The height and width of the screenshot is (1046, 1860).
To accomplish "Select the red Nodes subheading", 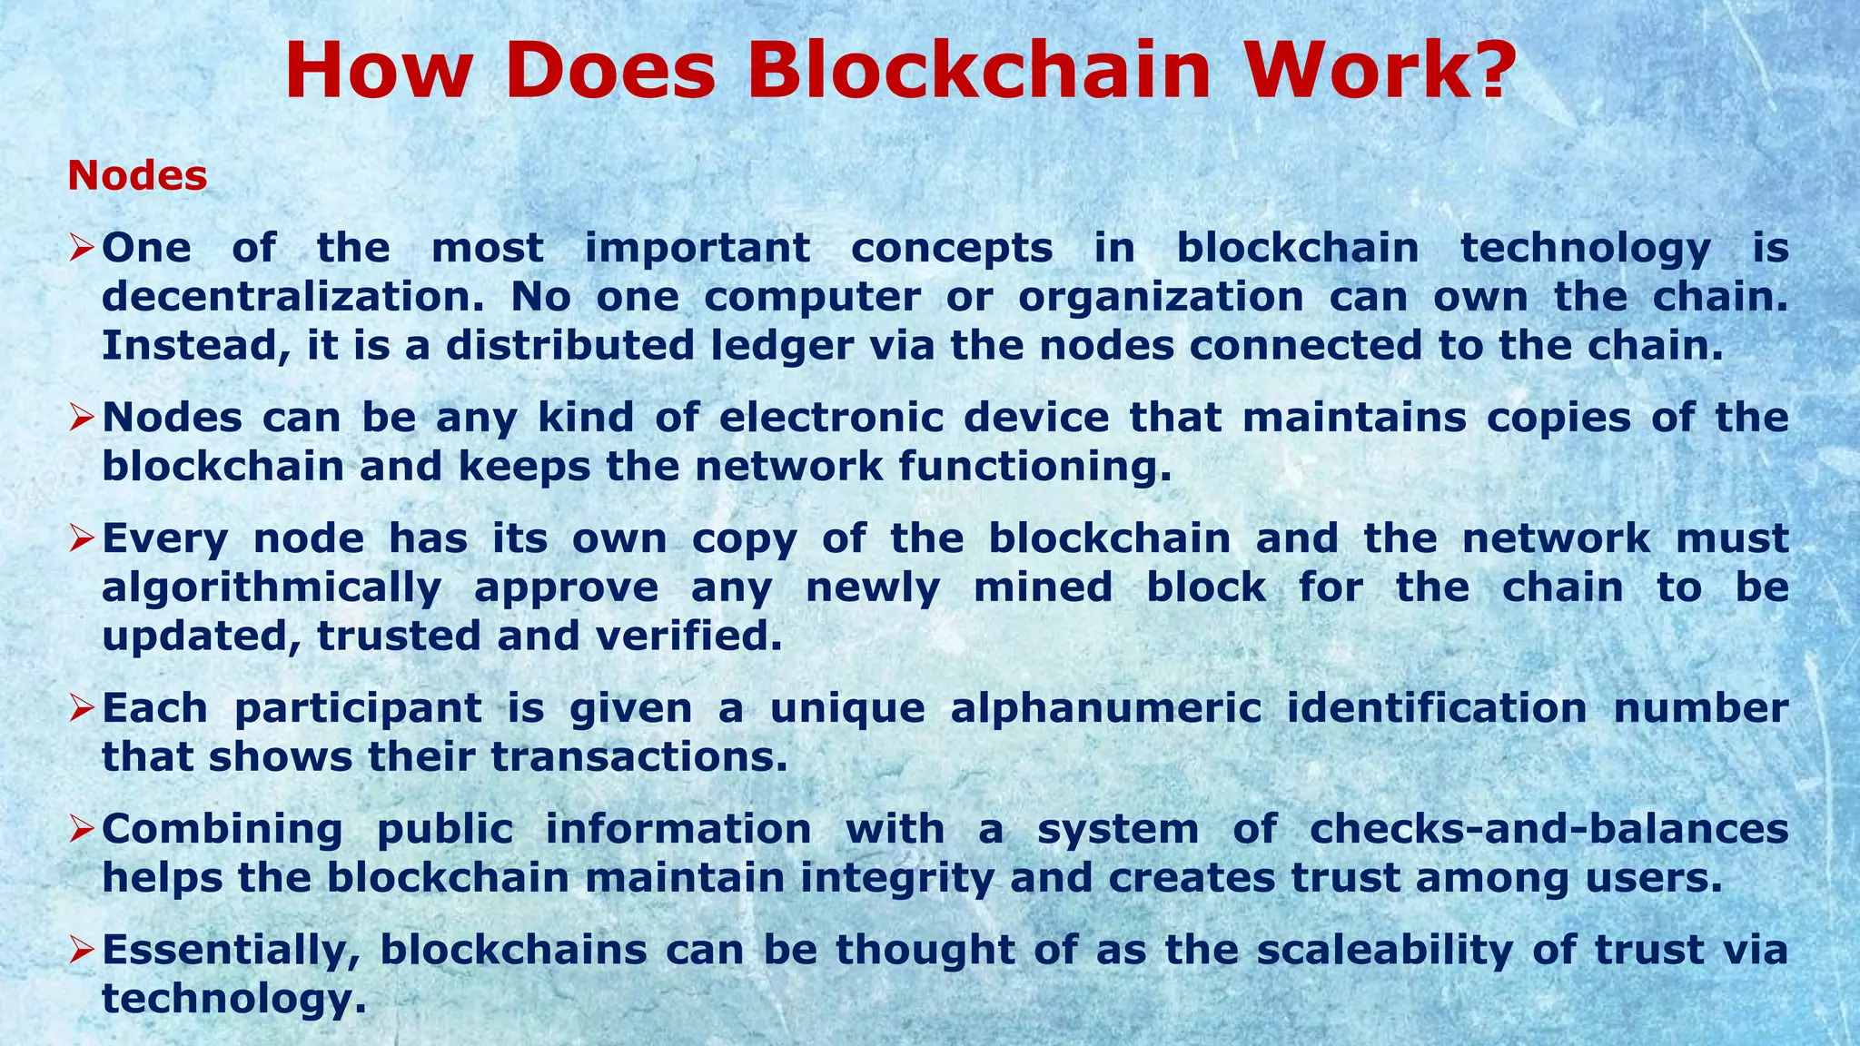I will click(137, 176).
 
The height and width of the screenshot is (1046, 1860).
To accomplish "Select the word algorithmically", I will click(271, 588).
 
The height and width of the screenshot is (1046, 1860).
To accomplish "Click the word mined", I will click(1043, 587).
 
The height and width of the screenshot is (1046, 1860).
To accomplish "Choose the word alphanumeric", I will click(1106, 708).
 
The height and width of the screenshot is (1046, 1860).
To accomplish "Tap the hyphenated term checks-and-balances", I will click(1549, 829).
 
